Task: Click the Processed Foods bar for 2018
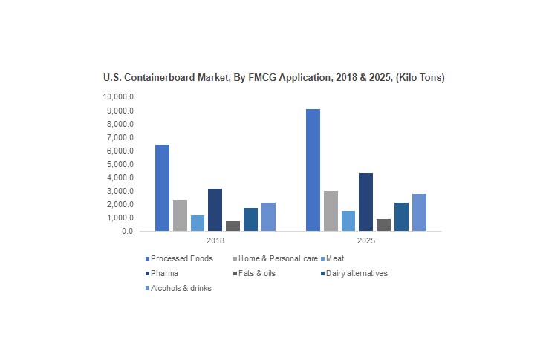click(x=162, y=188)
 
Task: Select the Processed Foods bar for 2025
click(x=313, y=170)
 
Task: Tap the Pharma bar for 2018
click(x=215, y=209)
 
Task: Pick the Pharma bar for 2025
click(x=365, y=202)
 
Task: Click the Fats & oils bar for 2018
click(x=233, y=226)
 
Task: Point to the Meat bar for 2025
click(x=348, y=220)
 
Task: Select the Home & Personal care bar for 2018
click(x=180, y=215)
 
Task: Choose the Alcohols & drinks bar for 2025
click(x=419, y=212)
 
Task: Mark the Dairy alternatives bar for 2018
click(x=250, y=219)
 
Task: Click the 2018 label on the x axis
click(x=215, y=241)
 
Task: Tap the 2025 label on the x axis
click(x=366, y=241)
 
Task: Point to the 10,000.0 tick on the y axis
click(x=118, y=97)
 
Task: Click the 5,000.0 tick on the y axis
click(x=120, y=164)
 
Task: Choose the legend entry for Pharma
click(x=164, y=273)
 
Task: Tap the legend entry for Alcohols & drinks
click(x=181, y=288)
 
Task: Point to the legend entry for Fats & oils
click(x=260, y=273)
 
